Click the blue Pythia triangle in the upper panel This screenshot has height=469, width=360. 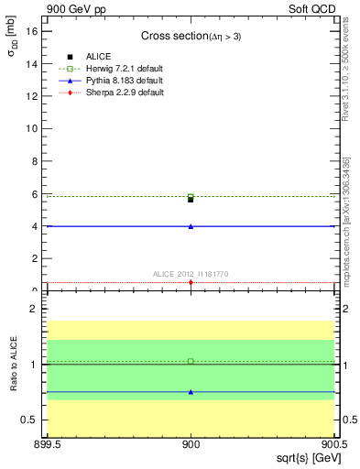click(191, 225)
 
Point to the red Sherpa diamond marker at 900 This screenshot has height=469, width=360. click(191, 282)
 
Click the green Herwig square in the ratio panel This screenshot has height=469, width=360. click(191, 361)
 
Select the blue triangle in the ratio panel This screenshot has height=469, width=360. click(191, 392)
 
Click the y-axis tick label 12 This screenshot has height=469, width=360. click(34, 95)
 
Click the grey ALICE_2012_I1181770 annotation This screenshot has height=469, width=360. click(191, 273)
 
